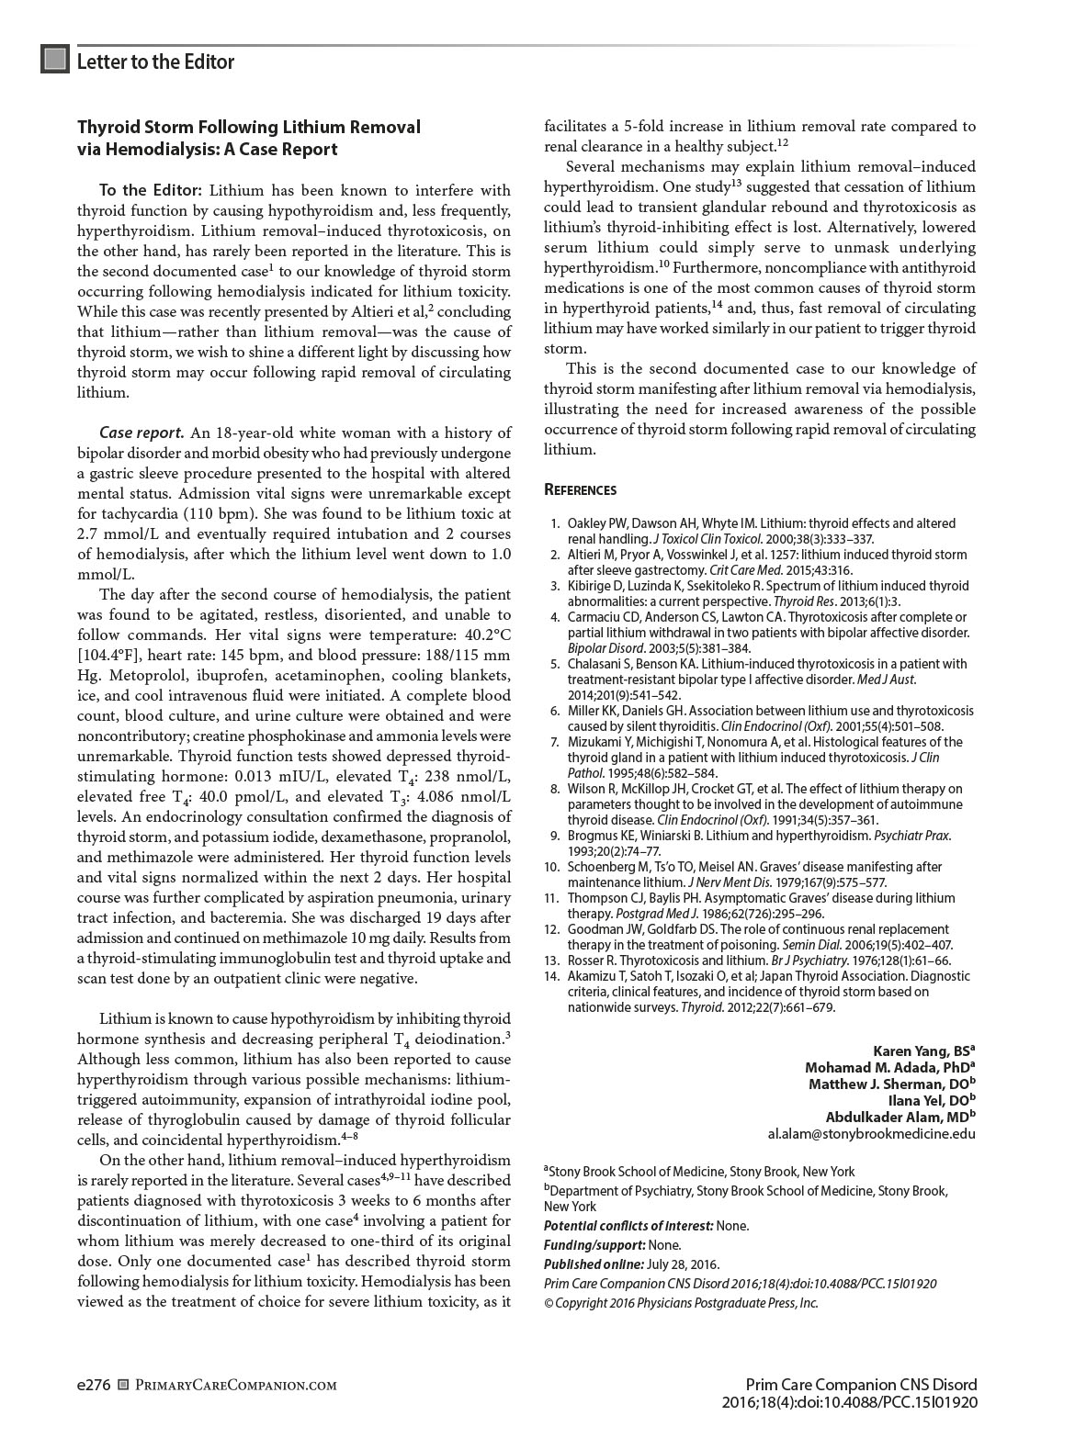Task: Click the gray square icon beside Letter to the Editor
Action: point(55,60)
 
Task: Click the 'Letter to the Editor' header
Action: point(155,62)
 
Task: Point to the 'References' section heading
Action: point(580,490)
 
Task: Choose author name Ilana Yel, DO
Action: point(931,1100)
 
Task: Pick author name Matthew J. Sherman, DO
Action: point(891,1084)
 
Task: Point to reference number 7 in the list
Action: point(554,742)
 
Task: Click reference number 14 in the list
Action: point(551,976)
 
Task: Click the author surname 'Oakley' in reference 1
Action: point(590,523)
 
